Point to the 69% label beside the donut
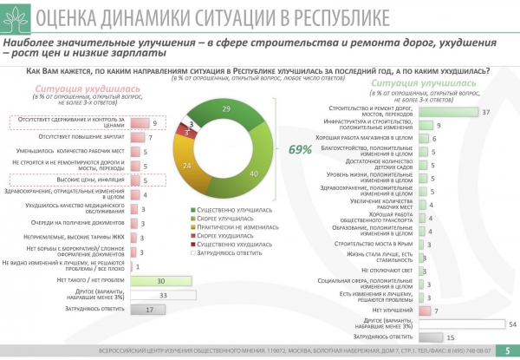click(300, 149)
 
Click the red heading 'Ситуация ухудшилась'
click(73, 88)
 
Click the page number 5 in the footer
click(507, 351)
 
